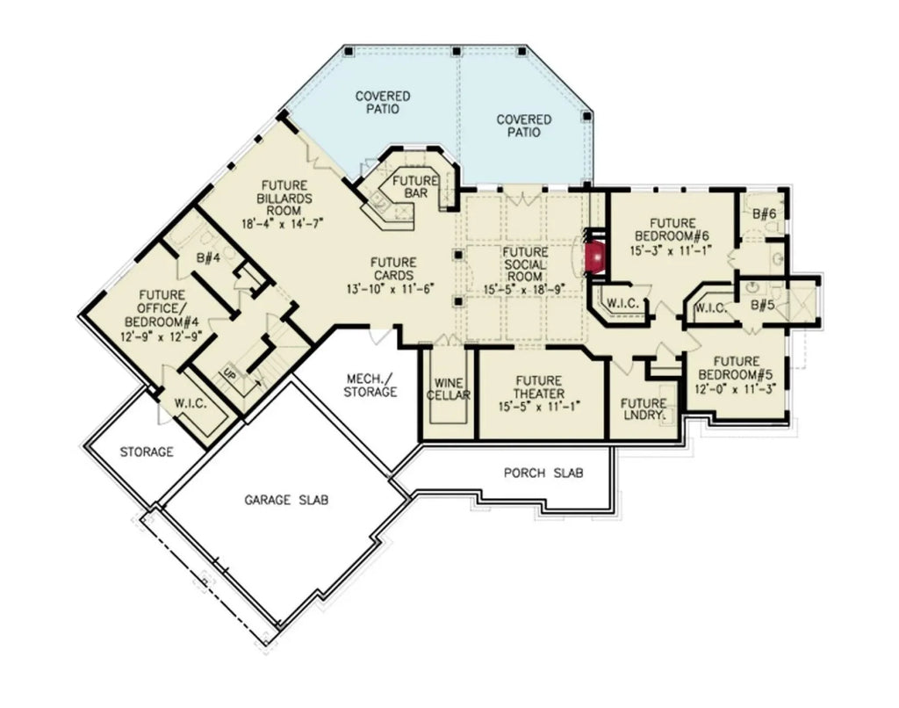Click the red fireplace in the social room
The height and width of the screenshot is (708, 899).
(x=596, y=256)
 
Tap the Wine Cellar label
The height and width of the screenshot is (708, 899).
(x=448, y=389)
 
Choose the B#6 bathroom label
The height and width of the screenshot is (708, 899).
(x=765, y=213)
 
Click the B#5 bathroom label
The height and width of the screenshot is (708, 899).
(x=764, y=307)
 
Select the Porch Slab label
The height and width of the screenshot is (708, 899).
(x=544, y=473)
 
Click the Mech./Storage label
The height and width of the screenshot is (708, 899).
(x=370, y=385)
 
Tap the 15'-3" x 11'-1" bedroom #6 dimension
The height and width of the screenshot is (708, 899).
(x=669, y=250)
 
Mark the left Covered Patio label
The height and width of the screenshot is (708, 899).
(x=383, y=102)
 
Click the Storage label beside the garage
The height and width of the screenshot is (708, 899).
(x=147, y=452)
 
